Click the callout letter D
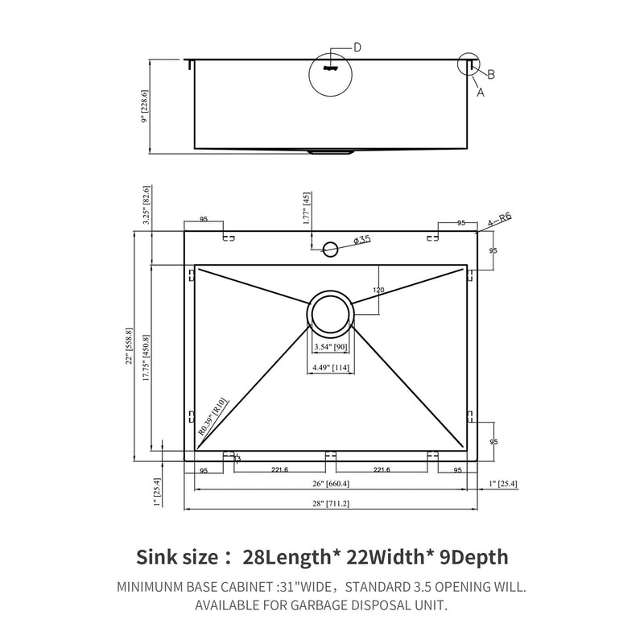(357, 47)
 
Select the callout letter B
(490, 74)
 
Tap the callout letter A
(481, 92)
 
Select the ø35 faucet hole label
(361, 239)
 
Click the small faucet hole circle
(330, 247)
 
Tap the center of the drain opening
(330, 313)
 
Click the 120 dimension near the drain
(378, 290)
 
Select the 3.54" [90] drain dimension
(330, 348)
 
